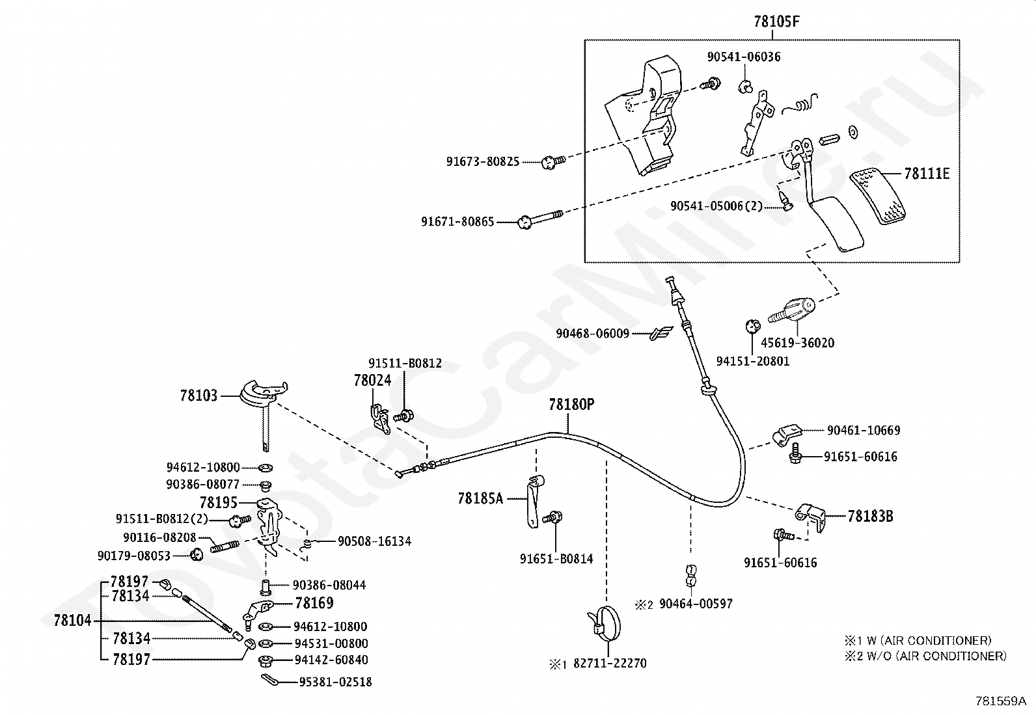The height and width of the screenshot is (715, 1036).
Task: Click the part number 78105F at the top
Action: point(776,21)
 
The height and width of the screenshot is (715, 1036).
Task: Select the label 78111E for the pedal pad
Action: point(927,174)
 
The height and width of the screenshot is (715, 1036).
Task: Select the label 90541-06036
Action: point(744,57)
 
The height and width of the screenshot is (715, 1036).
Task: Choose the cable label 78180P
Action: point(571,405)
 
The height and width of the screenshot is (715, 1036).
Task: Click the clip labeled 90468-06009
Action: point(659,334)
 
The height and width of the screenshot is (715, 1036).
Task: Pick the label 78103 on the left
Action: point(198,395)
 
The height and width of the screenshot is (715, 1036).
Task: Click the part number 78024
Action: point(372,381)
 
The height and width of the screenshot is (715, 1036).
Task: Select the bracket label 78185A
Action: point(480,499)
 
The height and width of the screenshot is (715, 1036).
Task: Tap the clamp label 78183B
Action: point(870,517)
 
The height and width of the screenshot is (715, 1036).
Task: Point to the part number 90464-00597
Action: point(696,604)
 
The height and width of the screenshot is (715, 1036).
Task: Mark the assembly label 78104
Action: point(73,620)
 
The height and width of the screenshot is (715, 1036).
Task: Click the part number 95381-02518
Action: point(335,682)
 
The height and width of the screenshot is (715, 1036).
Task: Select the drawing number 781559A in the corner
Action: point(1000,701)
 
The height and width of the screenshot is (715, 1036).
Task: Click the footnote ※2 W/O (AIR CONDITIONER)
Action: point(925,656)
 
